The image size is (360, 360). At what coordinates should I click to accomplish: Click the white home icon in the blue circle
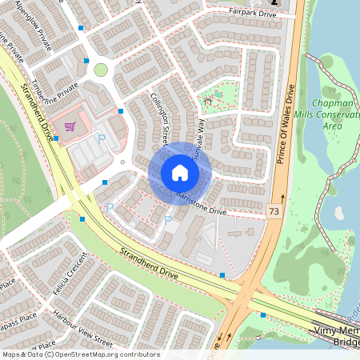click(x=180, y=173)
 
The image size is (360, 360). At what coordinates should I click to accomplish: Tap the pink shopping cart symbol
click(x=70, y=126)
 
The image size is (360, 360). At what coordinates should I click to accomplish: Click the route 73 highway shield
click(x=274, y=211)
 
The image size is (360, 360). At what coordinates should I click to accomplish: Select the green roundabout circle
click(x=101, y=70)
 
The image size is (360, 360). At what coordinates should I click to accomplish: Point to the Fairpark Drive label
click(x=252, y=13)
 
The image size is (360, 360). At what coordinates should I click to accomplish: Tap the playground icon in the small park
click(x=209, y=101)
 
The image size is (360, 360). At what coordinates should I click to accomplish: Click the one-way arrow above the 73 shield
click(x=282, y=197)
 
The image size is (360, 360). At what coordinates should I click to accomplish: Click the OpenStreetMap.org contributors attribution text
click(x=104, y=354)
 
